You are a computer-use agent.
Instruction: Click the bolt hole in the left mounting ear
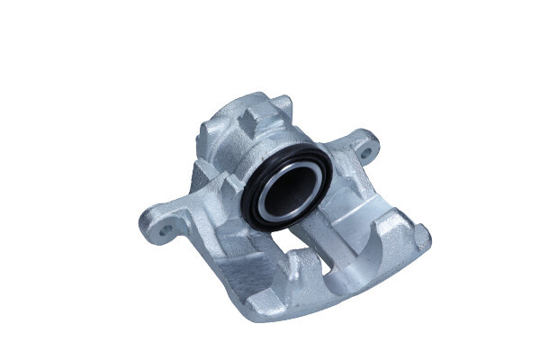click(x=166, y=230)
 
